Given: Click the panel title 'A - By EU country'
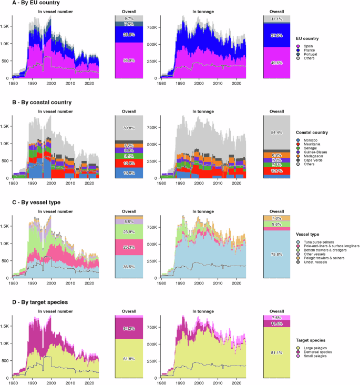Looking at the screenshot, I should tap(26, 4).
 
